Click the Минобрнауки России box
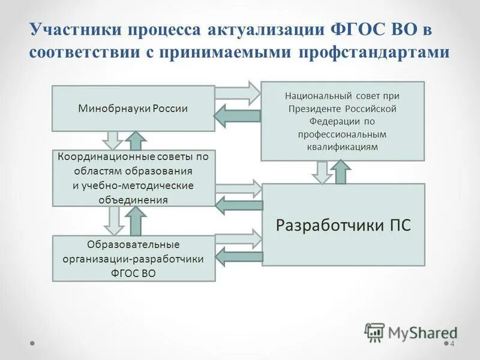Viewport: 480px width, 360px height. (x=133, y=109)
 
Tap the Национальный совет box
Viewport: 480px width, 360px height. (x=342, y=121)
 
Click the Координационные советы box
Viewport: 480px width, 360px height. (x=133, y=178)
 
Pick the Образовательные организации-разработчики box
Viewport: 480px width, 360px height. (x=133, y=259)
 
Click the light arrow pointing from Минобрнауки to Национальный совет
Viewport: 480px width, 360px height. (x=238, y=92)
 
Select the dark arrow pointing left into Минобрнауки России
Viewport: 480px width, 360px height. (x=238, y=115)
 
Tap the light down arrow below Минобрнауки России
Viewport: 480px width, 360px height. (x=112, y=140)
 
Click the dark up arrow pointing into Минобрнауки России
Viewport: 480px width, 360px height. (x=136, y=140)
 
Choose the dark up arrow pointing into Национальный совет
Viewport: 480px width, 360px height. (x=342, y=172)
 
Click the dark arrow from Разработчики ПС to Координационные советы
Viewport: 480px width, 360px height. (x=238, y=206)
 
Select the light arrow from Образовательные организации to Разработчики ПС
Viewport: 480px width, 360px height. (x=238, y=238)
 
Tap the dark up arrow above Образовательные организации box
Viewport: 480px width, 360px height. (x=136, y=221)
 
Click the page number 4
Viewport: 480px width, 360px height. (x=452, y=344)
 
